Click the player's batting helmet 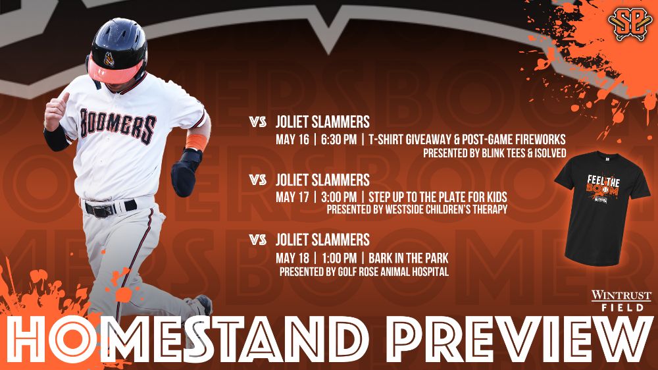point(118,51)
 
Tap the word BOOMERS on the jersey point(118,124)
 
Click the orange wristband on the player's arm point(196,142)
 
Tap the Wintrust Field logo point(622,301)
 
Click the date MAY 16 point(292,140)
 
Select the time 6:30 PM point(339,140)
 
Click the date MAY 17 point(292,197)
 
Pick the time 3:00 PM point(339,197)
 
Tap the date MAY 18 point(292,258)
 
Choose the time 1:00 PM point(339,258)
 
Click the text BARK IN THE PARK point(409,258)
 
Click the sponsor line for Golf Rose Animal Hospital point(364,272)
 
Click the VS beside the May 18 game point(257,240)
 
